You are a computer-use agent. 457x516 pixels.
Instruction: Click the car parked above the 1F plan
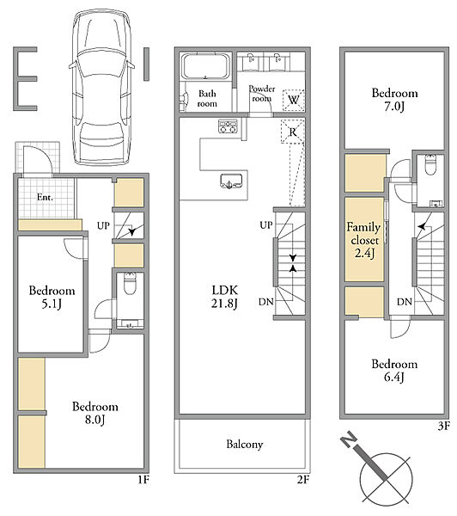tap(101, 87)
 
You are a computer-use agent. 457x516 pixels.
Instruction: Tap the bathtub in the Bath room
tap(205, 67)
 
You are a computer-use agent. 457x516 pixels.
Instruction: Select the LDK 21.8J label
tap(224, 297)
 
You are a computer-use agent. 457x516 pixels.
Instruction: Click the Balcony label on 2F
tap(245, 445)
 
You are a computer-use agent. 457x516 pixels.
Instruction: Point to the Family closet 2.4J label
tap(363, 240)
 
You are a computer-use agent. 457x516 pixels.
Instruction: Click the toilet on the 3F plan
tap(430, 165)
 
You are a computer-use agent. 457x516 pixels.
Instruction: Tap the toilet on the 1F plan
tap(130, 284)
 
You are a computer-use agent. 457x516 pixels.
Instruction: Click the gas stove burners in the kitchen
tap(228, 126)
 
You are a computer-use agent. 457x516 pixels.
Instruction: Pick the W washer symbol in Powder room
tap(293, 100)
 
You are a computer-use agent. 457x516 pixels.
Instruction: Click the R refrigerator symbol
tap(293, 132)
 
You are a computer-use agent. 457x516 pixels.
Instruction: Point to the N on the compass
tap(349, 439)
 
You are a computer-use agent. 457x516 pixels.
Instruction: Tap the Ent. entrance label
tap(45, 197)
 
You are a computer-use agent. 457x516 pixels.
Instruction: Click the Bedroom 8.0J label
tap(95, 413)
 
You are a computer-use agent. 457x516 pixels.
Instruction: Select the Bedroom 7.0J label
tap(394, 100)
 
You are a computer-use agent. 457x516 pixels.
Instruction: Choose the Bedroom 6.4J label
tap(394, 371)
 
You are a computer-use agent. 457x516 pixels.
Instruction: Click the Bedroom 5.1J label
tap(52, 297)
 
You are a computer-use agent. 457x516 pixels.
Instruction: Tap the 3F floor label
tap(443, 427)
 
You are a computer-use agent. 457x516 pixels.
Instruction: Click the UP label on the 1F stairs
tap(103, 225)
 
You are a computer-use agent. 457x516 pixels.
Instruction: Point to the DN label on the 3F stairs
tap(404, 302)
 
